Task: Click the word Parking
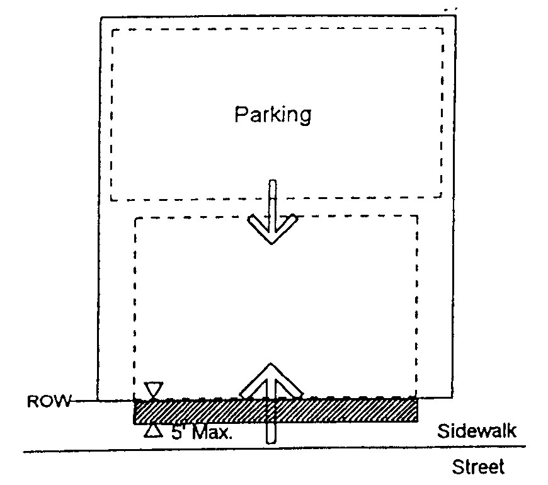pos(273,115)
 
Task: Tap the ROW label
pos(49,401)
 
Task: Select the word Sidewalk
pos(477,431)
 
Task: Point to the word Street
pos(478,467)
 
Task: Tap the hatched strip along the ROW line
pos(340,410)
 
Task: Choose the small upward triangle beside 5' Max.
pos(152,431)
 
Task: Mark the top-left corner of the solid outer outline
pos(101,18)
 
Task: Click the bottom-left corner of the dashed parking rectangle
pos(111,200)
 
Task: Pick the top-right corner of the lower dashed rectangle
pos(417,217)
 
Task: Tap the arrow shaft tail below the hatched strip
pos(271,433)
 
